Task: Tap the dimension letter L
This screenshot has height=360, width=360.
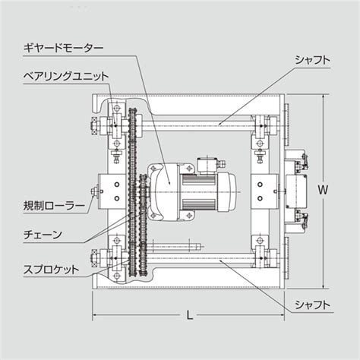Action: (189, 314)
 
